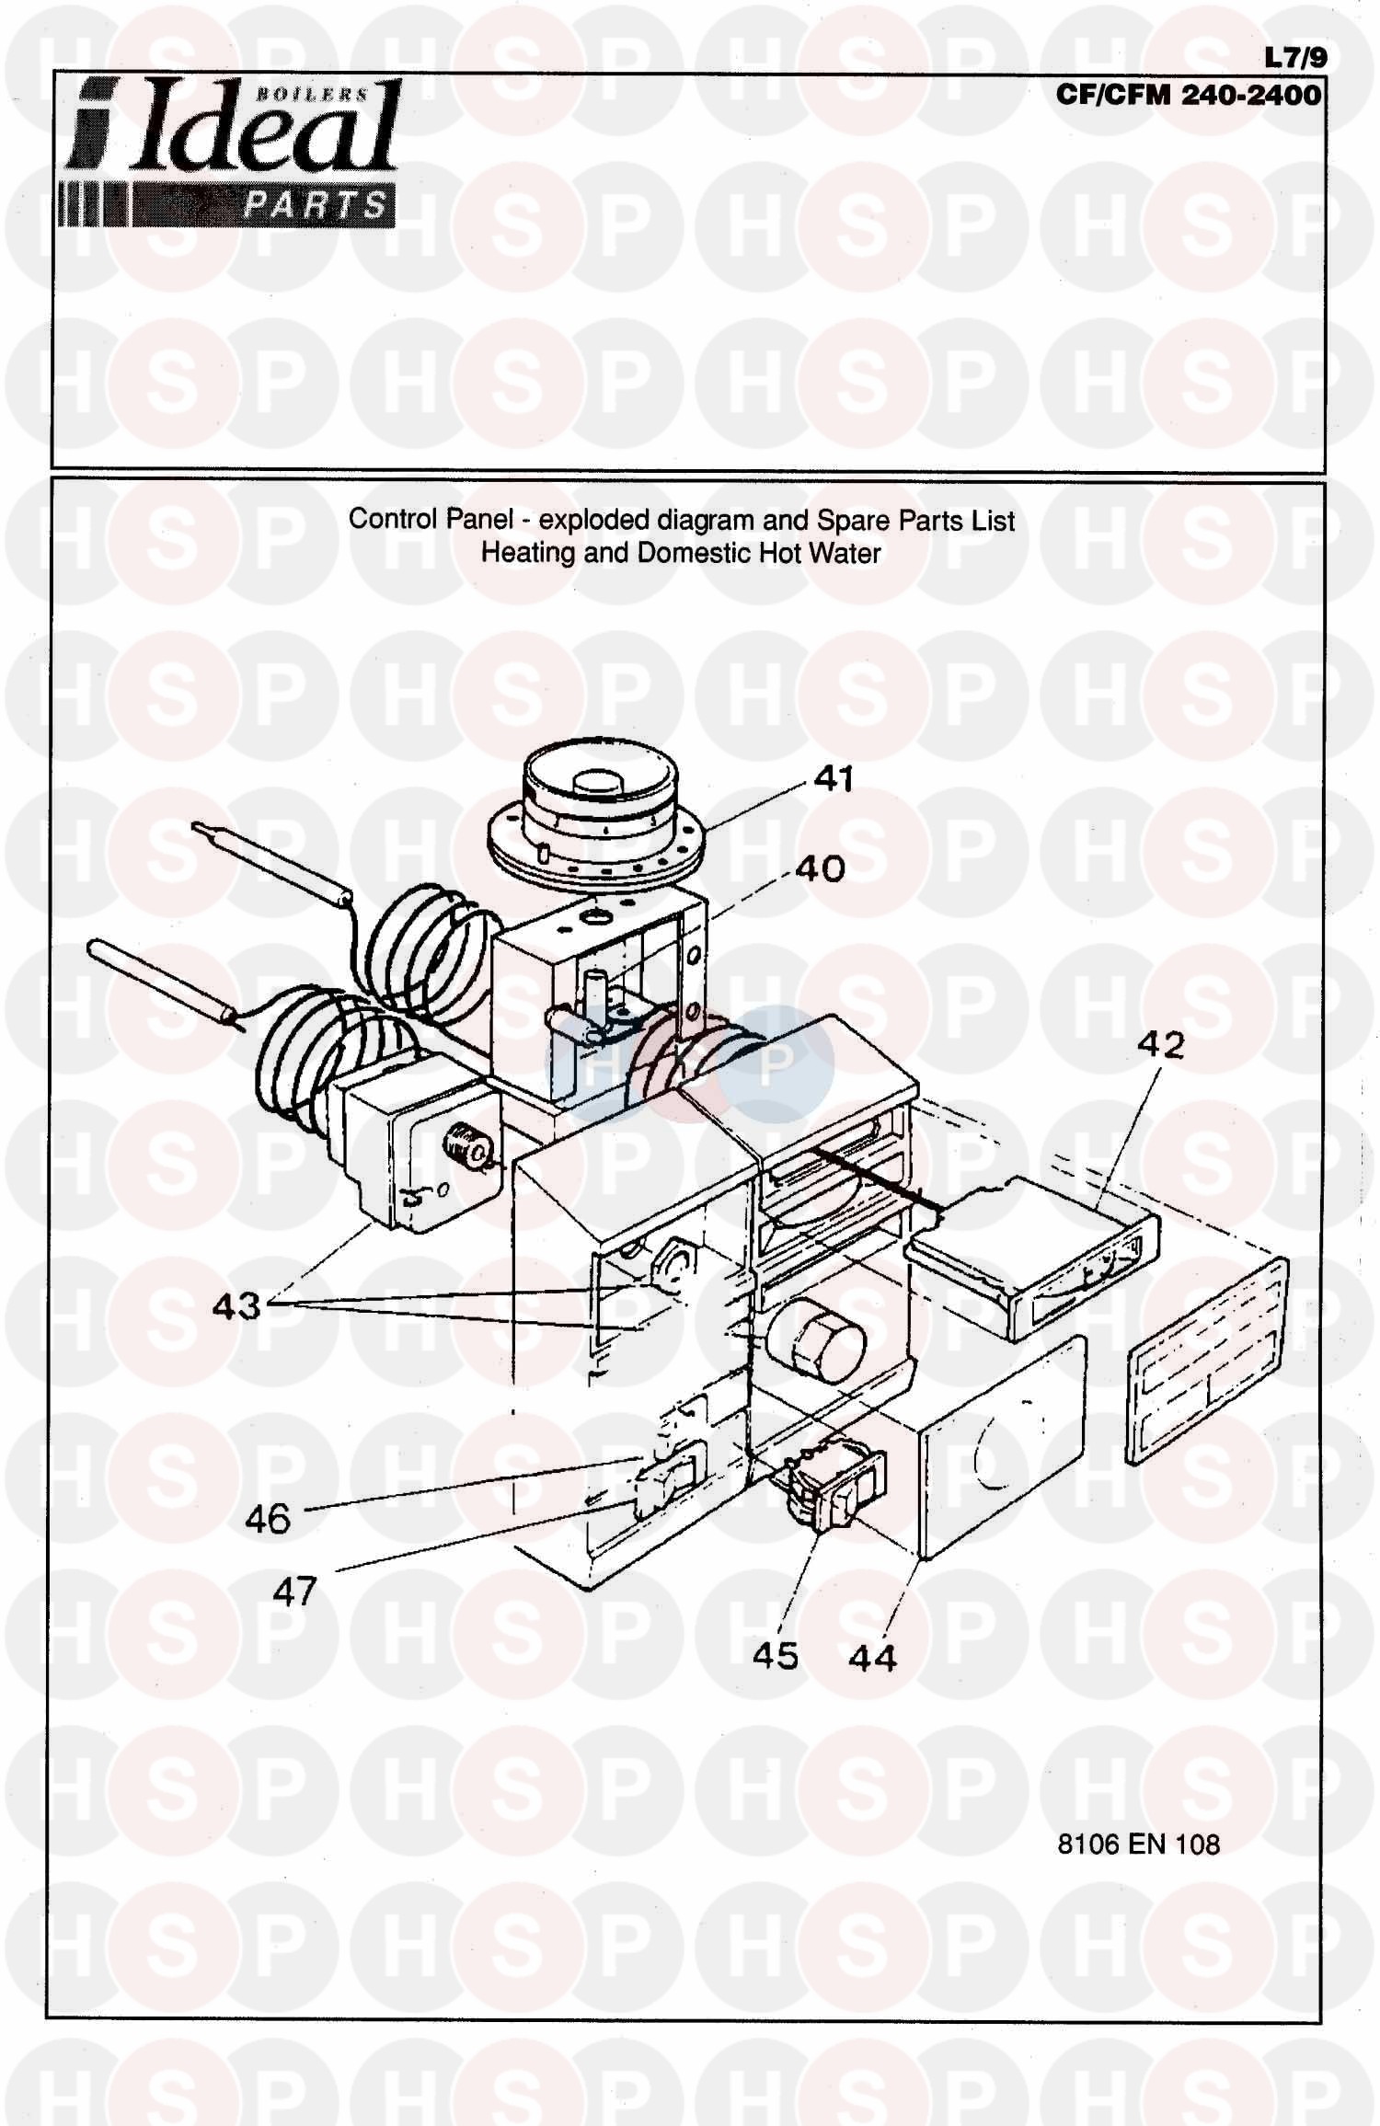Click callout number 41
[x=834, y=779]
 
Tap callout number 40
[x=821, y=868]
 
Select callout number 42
[x=1161, y=1045]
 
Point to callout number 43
[x=236, y=1305]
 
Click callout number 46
[x=268, y=1519]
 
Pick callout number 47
[x=294, y=1591]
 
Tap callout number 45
[x=776, y=1656]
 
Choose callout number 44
[x=873, y=1659]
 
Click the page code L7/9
[x=1296, y=58]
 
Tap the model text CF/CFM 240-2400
[x=1189, y=95]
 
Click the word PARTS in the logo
[x=315, y=204]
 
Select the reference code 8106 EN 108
[x=1139, y=1844]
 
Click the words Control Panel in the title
[x=431, y=519]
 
